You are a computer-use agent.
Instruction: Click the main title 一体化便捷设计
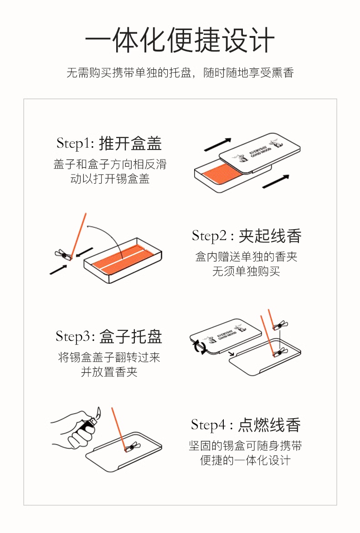coord(180,40)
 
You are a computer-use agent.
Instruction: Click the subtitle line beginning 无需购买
coord(180,73)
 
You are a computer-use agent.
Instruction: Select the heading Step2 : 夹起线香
coord(247,236)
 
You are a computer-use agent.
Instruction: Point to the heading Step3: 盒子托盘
coord(109,337)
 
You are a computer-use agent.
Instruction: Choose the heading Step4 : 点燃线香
coord(246,425)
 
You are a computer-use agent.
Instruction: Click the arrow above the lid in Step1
coord(217,144)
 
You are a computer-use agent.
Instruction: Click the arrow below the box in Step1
coord(276,181)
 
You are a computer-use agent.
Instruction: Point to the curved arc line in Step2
coord(109,238)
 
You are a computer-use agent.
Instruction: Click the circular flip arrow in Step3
coord(199,347)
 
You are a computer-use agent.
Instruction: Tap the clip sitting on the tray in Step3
coord(278,354)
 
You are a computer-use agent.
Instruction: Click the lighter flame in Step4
coord(98,413)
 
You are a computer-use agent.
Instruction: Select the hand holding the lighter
coord(75,430)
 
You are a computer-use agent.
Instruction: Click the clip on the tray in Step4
coord(132,446)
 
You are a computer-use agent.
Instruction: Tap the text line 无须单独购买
coord(246,272)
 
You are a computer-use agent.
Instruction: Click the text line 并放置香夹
coord(109,372)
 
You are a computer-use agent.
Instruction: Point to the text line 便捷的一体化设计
coord(246,461)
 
